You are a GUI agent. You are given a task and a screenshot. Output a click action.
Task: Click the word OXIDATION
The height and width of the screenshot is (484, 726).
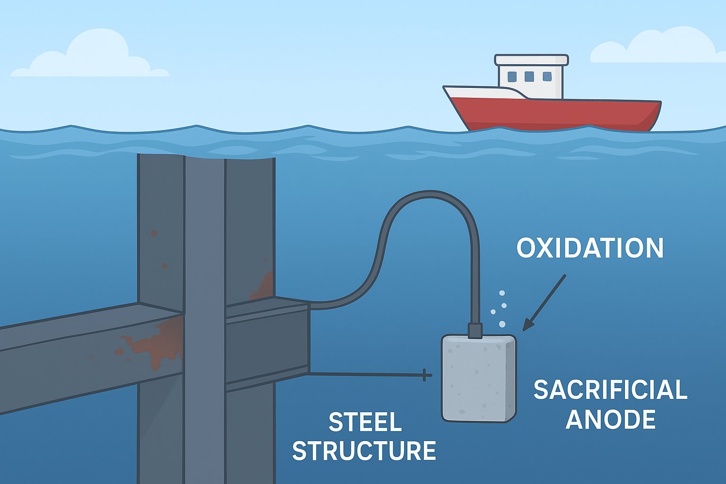tap(590, 249)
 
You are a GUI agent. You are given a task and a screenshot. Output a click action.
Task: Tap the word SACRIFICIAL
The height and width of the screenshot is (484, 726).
tap(610, 390)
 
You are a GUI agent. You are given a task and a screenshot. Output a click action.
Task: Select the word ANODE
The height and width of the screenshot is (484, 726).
tap(611, 419)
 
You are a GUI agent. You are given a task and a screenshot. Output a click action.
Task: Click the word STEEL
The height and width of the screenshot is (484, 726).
tap(365, 422)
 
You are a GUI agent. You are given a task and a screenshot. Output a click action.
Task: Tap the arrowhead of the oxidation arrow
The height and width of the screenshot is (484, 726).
tap(527, 326)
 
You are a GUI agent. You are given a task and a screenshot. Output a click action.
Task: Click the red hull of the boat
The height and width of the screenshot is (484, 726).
tap(558, 113)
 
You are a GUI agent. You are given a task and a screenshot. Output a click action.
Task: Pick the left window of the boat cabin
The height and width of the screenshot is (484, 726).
tap(512, 76)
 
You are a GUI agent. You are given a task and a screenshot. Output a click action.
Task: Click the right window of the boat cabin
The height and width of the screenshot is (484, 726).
tap(547, 76)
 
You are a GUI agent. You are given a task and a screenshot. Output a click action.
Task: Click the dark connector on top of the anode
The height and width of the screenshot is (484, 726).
tap(475, 330)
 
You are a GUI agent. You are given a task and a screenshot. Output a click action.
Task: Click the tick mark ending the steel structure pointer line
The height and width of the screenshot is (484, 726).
tap(425, 375)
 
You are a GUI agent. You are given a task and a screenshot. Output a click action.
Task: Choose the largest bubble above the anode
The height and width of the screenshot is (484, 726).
tap(502, 324)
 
